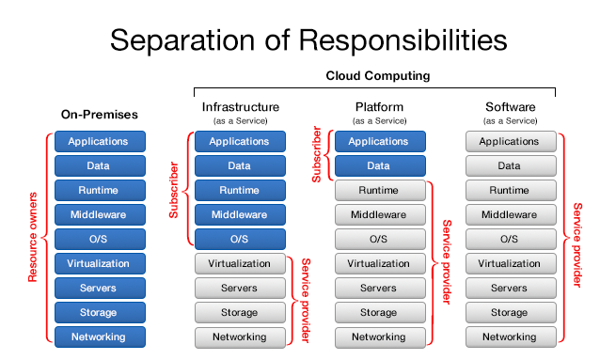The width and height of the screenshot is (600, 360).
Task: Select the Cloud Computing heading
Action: coord(377,75)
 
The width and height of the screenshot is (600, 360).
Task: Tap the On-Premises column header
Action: coord(100,115)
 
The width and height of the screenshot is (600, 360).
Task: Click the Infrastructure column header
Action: coord(240,107)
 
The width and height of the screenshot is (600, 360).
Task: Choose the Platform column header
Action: coord(379,107)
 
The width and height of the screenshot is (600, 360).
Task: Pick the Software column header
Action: coord(509,107)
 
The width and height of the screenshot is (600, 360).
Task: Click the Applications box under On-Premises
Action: coord(100,142)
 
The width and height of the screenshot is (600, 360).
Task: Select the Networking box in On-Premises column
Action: coord(100,337)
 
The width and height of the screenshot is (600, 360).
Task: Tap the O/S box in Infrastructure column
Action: coord(240,239)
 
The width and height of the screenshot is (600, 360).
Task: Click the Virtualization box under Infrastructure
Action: coord(240,264)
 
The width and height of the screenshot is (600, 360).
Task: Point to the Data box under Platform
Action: coord(379,166)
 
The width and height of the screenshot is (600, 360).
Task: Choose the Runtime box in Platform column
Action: coord(379,191)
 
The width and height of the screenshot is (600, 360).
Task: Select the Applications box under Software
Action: coord(509,142)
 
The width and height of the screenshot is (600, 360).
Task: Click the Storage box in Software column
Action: coord(509,312)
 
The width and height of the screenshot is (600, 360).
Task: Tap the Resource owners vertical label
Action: coord(34,239)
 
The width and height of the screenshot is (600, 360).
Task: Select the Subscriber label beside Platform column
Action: coord(317,154)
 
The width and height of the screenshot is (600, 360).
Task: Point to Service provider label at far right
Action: coord(576,239)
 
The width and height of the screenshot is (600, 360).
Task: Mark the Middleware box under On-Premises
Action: coord(100,214)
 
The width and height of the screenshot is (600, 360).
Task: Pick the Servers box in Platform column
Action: coord(379,288)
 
